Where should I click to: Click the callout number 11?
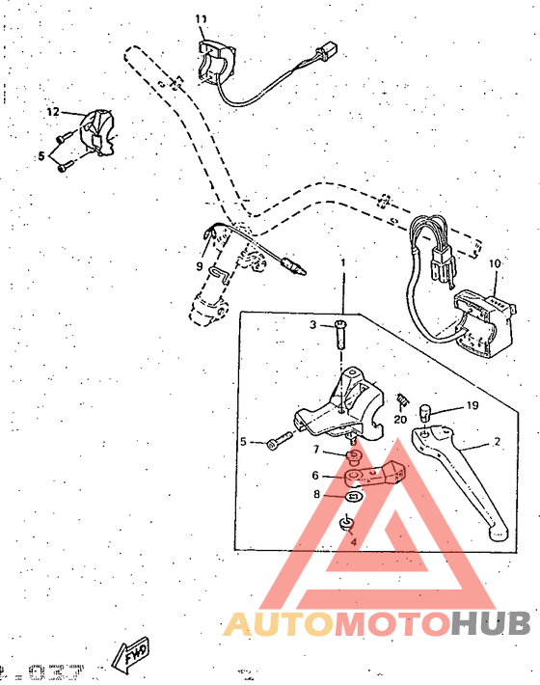point(201,19)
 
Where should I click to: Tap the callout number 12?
point(54,113)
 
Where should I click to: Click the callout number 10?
point(495,262)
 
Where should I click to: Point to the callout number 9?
point(200,265)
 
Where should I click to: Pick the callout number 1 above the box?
point(341,262)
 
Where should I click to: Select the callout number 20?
point(401,419)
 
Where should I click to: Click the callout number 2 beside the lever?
point(498,443)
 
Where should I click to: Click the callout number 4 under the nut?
point(353,541)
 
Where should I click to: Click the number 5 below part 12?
point(41,154)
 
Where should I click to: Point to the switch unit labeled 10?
point(488,317)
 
